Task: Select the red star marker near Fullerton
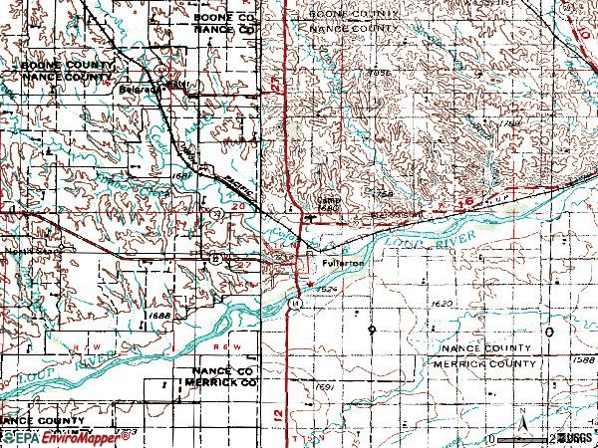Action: click(x=309, y=285)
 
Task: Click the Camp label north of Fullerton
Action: click(x=328, y=198)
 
